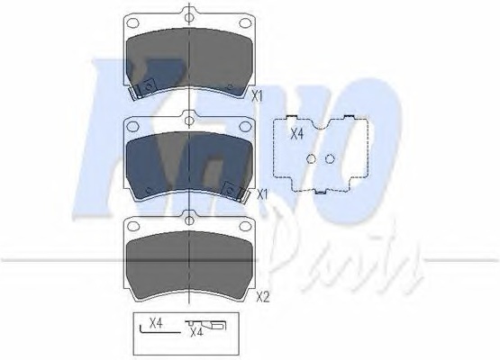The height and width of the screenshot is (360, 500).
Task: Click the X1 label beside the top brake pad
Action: point(257,96)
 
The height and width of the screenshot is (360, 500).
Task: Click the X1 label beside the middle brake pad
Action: point(262,194)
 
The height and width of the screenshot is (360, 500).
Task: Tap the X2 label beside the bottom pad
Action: point(263,298)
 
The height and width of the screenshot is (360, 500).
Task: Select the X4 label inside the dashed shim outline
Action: point(297,134)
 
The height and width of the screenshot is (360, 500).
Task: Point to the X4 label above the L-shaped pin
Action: point(156,323)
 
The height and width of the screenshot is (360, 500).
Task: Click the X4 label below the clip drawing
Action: point(196,332)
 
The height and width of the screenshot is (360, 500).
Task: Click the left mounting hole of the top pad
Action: point(133,22)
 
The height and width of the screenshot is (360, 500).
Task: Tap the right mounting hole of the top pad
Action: point(245,22)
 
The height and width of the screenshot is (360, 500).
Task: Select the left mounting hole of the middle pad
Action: point(133,127)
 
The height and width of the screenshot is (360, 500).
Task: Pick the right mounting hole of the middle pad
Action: point(245,127)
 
